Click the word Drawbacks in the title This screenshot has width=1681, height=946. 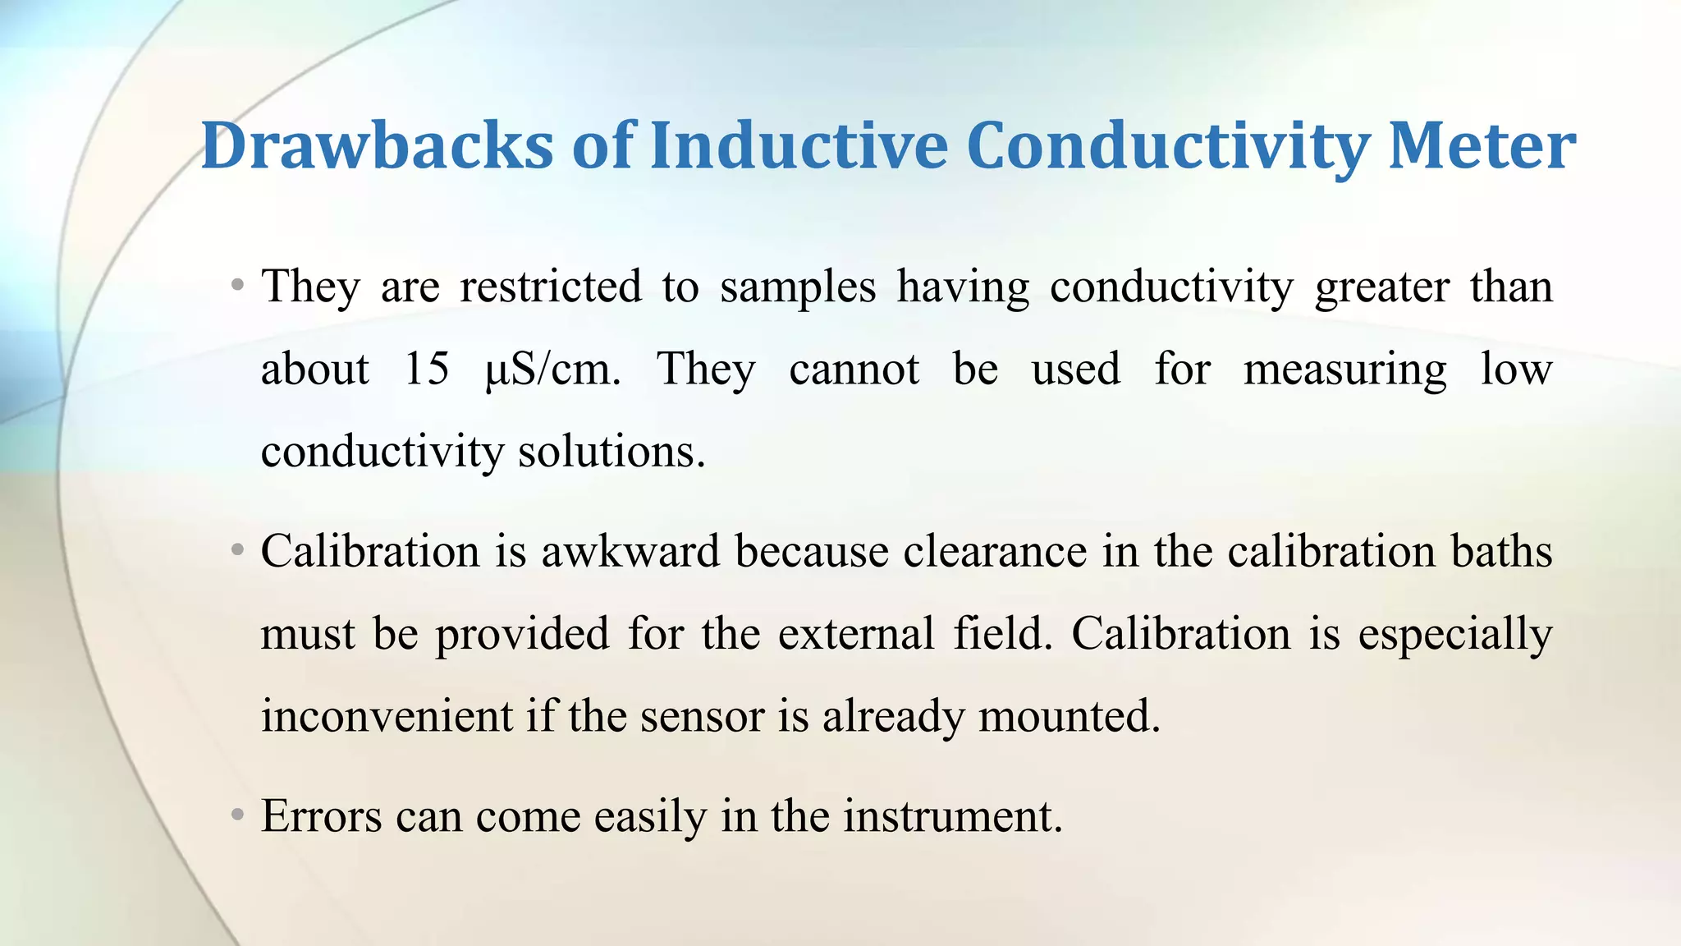pyautogui.click(x=377, y=146)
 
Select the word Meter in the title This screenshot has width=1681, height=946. pyautogui.click(x=1481, y=146)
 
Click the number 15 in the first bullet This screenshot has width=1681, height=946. pyautogui.click(x=427, y=369)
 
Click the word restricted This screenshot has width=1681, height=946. pyautogui.click(x=551, y=287)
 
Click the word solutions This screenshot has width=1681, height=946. pyautogui.click(x=611, y=451)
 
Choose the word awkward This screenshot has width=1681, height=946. pyautogui.click(x=630, y=551)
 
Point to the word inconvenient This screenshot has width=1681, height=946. pyautogui.click(x=387, y=715)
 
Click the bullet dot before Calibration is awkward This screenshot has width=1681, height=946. pyautogui.click(x=237, y=549)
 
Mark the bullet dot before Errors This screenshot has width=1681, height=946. pyautogui.click(x=237, y=815)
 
